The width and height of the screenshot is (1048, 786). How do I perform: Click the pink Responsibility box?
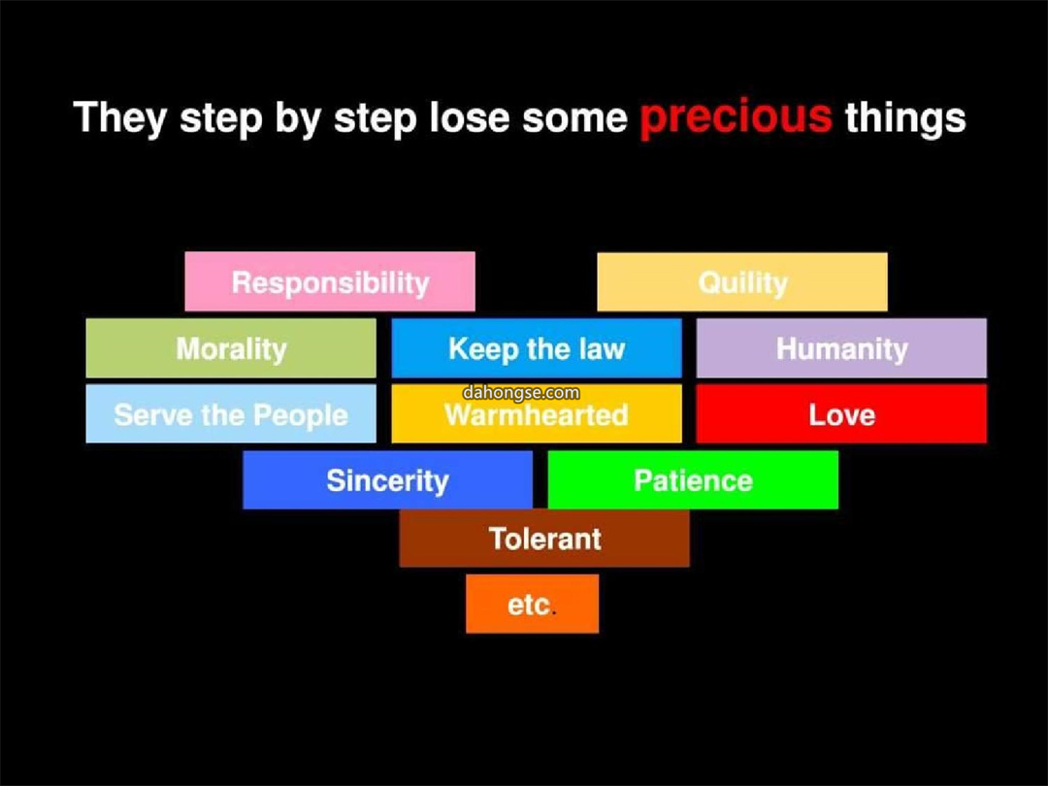[x=330, y=281]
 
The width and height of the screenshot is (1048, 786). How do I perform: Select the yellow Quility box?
[x=742, y=281]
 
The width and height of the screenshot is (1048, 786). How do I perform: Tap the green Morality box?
[x=231, y=348]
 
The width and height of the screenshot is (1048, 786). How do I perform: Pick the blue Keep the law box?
[x=536, y=348]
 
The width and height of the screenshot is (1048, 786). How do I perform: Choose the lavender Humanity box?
[x=841, y=348]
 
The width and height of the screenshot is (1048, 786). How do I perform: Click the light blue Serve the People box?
[x=231, y=413]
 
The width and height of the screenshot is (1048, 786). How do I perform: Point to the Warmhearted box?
[x=536, y=413]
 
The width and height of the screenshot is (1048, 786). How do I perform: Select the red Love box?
[x=841, y=413]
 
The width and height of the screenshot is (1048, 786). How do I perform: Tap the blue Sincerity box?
[x=387, y=480]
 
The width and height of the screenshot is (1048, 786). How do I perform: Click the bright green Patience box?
[x=693, y=480]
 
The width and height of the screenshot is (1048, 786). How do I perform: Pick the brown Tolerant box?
[x=544, y=538]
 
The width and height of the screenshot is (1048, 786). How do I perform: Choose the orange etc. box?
[x=532, y=604]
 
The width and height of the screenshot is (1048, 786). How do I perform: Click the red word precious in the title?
[x=736, y=118]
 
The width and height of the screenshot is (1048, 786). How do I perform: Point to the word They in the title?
[x=120, y=117]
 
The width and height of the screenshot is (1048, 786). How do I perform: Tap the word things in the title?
[x=905, y=118]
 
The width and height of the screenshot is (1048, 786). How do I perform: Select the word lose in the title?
[x=469, y=117]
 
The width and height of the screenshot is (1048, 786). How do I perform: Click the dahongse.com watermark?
[x=521, y=392]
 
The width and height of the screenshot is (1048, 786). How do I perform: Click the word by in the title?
[x=298, y=118]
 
